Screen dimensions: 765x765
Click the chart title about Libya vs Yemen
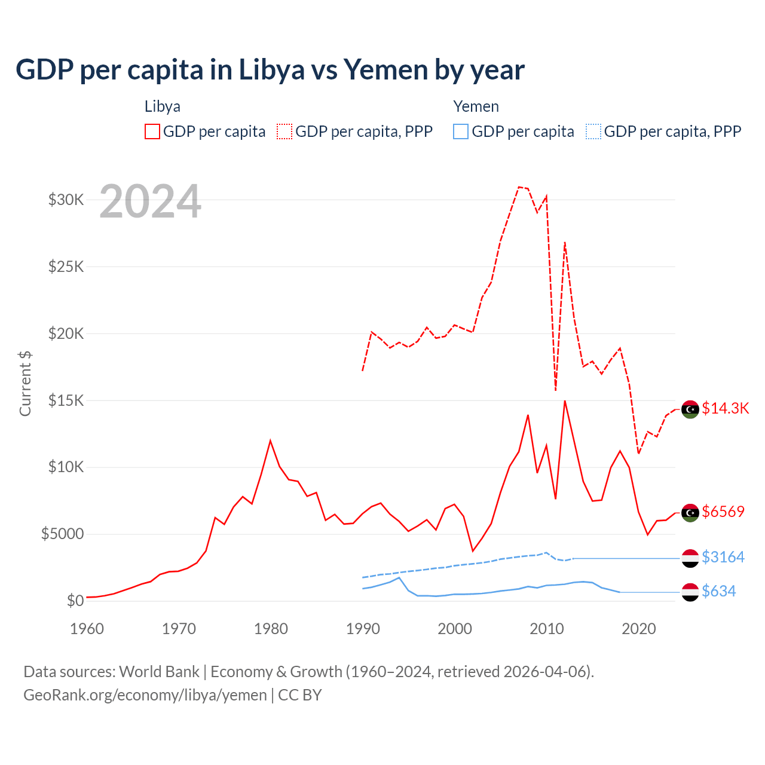270,70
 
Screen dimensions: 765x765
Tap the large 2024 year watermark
150,202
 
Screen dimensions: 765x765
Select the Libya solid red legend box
152,131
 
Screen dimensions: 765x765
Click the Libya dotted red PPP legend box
284,131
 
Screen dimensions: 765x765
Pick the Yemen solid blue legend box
461,131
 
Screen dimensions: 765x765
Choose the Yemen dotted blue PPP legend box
593,131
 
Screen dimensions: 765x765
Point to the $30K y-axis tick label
66,200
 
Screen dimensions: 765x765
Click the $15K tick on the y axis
66,400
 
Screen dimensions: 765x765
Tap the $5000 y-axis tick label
63,534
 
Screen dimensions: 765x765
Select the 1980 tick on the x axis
271,629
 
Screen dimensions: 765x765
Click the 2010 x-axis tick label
547,629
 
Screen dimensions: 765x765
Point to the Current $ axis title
25,384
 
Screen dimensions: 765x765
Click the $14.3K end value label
726,408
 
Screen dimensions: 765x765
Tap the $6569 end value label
723,512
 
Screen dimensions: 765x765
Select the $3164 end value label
723,557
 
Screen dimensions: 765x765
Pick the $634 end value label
719,591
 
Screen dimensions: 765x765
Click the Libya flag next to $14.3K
690,409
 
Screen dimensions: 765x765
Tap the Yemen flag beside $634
690,592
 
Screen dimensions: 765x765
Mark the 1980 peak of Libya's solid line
270,440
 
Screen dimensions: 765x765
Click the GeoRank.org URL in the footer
145,695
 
